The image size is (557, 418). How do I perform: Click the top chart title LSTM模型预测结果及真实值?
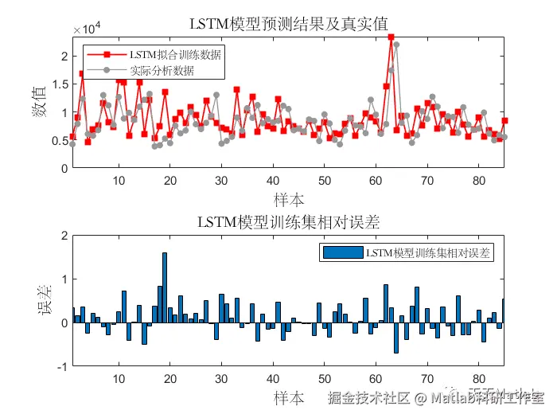click(x=287, y=22)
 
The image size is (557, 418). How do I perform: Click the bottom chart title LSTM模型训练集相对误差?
click(x=287, y=222)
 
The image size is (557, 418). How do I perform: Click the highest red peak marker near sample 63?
click(x=391, y=37)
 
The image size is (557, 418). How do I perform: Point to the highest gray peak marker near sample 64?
click(x=396, y=45)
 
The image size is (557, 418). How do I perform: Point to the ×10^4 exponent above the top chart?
click(x=86, y=29)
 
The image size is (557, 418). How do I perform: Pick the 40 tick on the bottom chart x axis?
click(x=273, y=379)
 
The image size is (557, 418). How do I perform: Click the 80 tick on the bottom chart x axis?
click(x=479, y=379)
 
